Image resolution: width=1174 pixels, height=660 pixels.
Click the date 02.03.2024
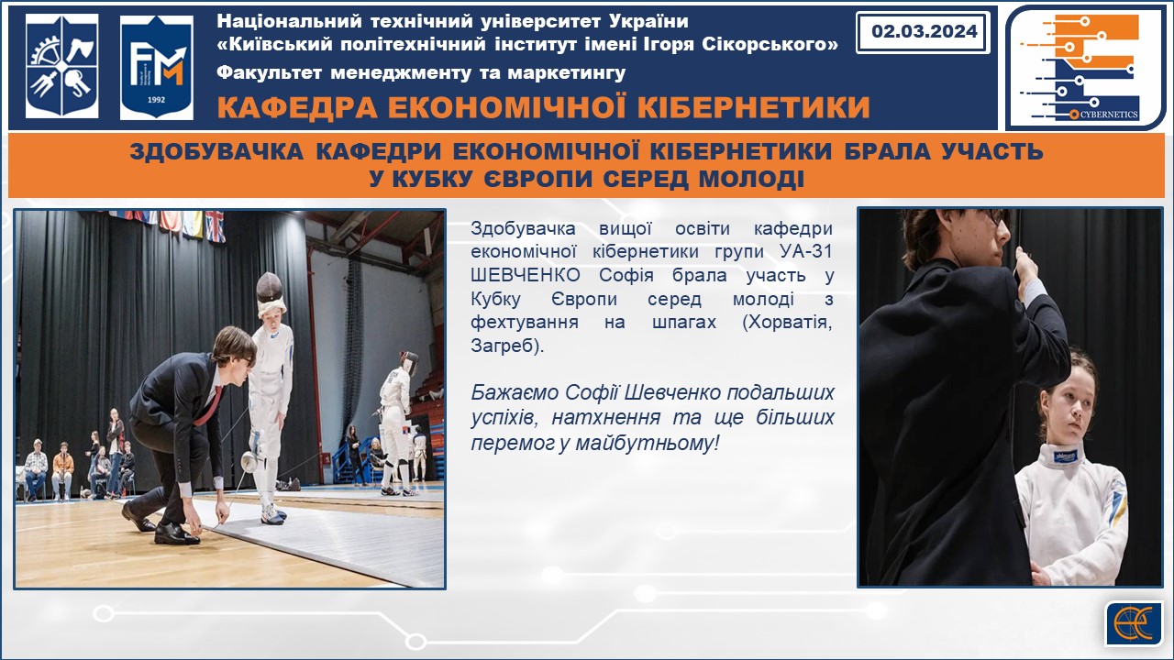(924, 31)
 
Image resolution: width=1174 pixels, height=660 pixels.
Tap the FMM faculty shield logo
(156, 67)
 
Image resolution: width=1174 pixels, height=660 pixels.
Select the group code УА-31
(806, 251)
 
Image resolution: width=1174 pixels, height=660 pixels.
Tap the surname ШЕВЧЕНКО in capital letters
(526, 275)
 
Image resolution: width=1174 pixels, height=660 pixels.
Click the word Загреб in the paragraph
(503, 346)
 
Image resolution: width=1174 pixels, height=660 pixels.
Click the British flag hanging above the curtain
(215, 226)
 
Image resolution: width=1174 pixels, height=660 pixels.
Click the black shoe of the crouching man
(175, 533)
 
